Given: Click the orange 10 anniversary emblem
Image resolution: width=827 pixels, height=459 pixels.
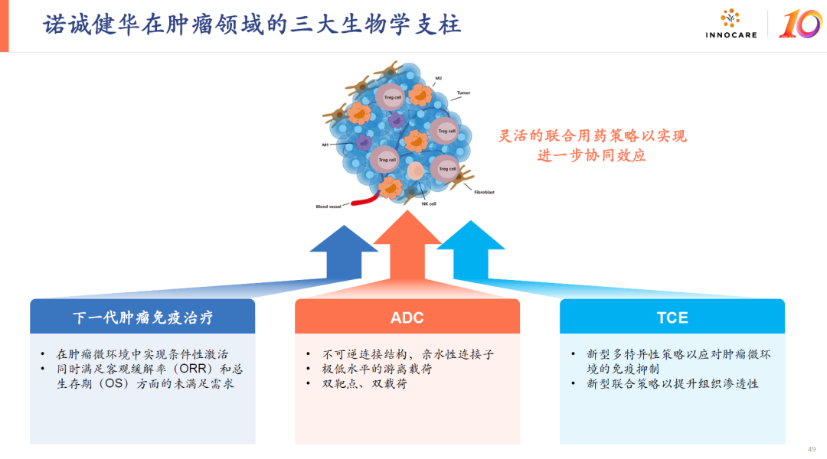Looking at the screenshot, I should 799,24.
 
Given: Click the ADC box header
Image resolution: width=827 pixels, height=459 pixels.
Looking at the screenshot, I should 407,317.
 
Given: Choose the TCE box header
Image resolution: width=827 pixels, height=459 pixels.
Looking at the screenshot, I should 672,317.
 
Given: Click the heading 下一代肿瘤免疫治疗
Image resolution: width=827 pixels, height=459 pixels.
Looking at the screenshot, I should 142,317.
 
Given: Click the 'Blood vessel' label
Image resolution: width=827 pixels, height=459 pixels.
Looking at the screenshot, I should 329,207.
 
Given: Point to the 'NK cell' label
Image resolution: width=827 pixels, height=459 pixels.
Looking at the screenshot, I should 429,203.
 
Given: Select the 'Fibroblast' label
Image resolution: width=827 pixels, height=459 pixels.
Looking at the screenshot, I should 484,192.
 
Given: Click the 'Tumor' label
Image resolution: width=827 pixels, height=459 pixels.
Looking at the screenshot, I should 463,93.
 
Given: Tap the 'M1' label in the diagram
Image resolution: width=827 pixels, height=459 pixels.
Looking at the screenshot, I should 325,144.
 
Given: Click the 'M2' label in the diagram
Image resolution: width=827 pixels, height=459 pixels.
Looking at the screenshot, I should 438,78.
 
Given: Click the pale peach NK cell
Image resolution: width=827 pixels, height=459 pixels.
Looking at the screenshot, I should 415,171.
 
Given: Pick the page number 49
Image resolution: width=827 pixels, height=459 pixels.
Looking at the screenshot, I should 812,449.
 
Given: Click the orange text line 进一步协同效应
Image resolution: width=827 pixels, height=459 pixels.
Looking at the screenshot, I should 592,155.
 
